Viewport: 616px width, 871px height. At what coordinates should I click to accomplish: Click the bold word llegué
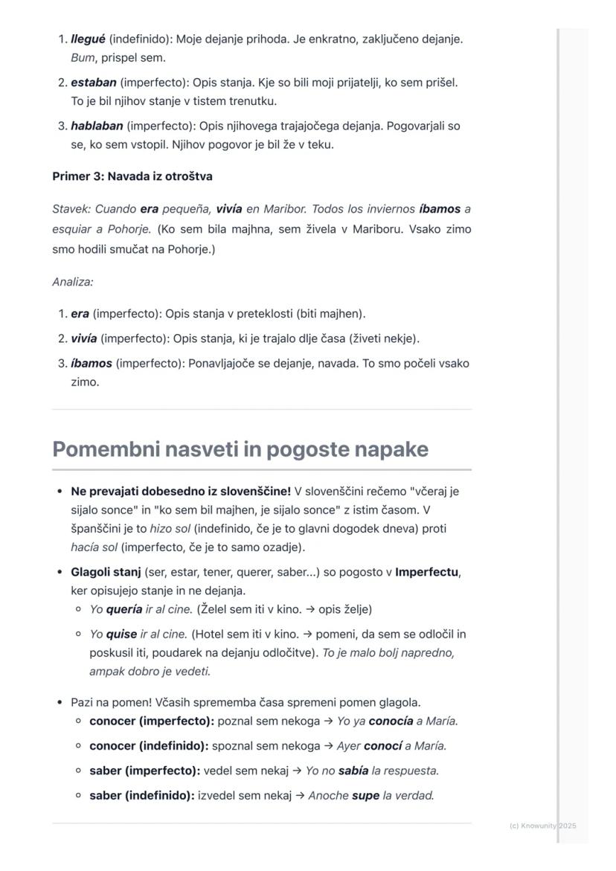[x=88, y=39]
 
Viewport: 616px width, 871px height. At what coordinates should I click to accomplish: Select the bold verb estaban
[x=94, y=83]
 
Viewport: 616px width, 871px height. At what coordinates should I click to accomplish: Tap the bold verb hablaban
[x=97, y=126]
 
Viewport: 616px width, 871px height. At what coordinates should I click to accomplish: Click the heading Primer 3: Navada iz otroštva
[x=132, y=176]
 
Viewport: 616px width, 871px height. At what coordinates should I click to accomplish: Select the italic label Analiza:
[x=72, y=282]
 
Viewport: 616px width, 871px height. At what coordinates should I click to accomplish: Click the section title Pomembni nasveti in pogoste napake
[x=240, y=449]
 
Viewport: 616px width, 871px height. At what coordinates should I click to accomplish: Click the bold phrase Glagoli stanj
[x=106, y=573]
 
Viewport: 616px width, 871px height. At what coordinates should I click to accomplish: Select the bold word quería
[x=123, y=610]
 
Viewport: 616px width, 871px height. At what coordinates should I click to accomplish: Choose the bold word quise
[x=121, y=634]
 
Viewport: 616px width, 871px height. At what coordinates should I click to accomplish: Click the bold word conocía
[x=391, y=721]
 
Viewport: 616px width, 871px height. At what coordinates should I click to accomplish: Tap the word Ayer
[x=348, y=746]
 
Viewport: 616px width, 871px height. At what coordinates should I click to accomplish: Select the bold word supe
[x=365, y=796]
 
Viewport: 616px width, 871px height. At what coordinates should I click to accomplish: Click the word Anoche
[x=328, y=796]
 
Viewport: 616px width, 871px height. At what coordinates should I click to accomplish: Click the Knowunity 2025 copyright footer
[x=542, y=826]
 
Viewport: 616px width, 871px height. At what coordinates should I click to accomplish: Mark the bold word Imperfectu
[x=426, y=573]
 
